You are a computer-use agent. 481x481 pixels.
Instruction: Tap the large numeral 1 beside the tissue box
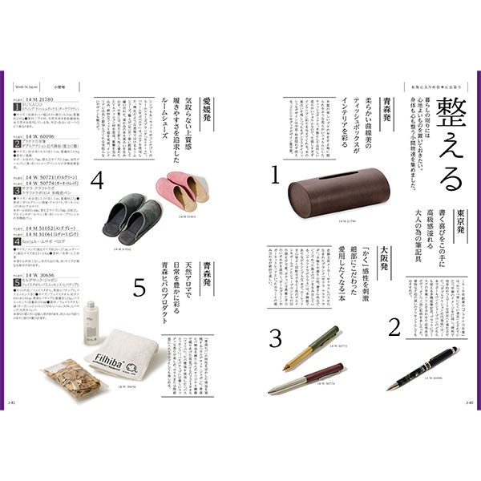pos(273,175)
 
